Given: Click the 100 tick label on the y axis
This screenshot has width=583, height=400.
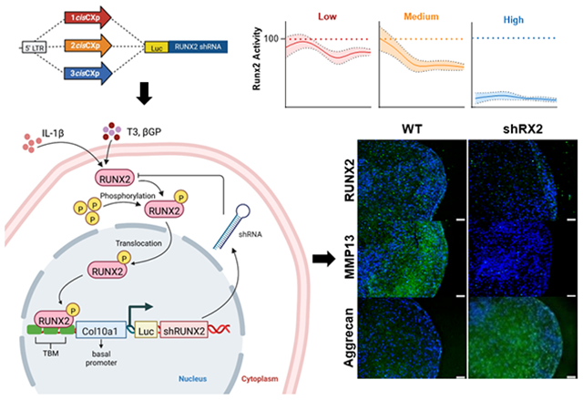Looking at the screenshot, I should [271, 40].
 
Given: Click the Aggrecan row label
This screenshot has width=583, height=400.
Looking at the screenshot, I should [349, 349].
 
